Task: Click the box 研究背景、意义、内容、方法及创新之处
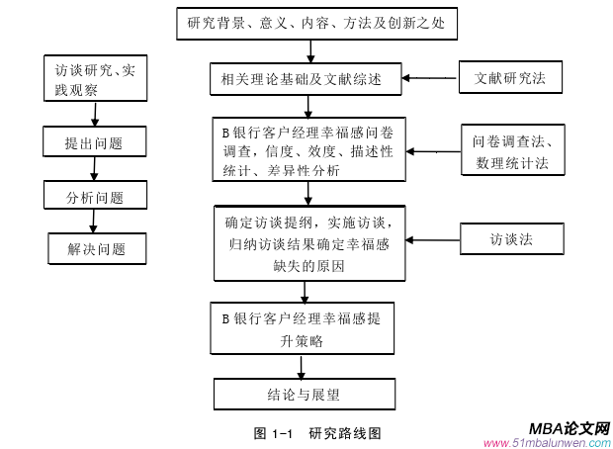tap(316, 25)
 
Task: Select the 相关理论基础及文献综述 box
tap(307, 77)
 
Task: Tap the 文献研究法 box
tap(510, 77)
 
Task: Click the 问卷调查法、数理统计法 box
tap(510, 151)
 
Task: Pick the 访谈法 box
tap(510, 239)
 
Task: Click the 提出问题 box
tap(95, 143)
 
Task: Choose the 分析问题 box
tap(95, 197)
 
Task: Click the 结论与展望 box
tap(304, 394)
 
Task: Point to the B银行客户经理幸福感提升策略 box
tap(304, 328)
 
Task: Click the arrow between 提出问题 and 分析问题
tap(94, 170)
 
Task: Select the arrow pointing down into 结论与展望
tap(304, 367)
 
